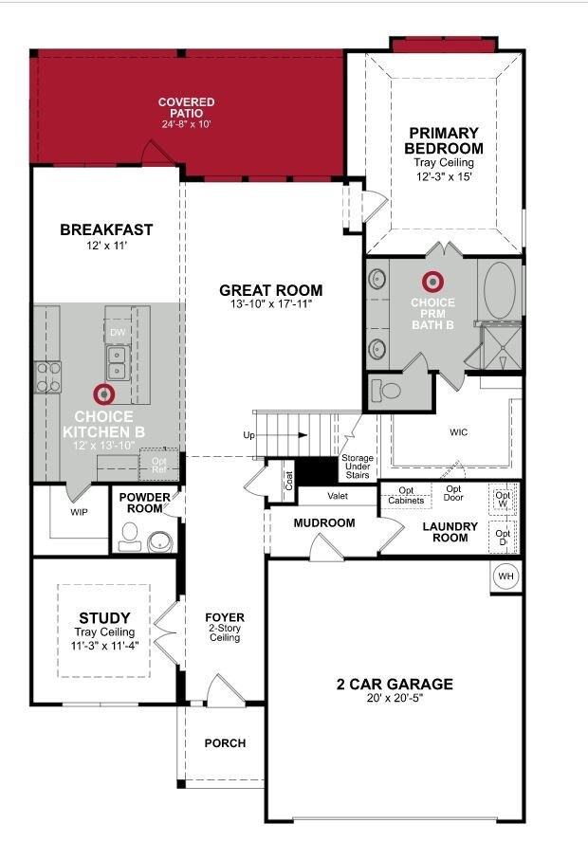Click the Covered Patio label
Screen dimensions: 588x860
187,107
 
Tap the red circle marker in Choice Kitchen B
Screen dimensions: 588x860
103,394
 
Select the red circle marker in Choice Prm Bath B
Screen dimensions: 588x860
432,282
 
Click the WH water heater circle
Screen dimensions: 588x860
506,576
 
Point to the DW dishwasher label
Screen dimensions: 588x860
118,333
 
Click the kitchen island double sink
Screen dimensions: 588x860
119,362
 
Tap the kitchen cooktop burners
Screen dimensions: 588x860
48,377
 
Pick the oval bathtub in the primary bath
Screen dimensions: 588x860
500,290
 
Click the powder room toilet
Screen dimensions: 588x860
129,536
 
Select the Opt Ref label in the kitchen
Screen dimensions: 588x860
159,466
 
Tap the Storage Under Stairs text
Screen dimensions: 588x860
358,467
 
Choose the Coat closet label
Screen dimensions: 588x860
289,481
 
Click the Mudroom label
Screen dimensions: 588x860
324,523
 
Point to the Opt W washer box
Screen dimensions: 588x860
503,499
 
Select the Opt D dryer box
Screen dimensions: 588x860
503,538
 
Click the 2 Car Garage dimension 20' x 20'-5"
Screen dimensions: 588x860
395,698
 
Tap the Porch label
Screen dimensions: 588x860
225,743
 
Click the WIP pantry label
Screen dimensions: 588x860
79,512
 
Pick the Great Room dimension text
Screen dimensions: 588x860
271,303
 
